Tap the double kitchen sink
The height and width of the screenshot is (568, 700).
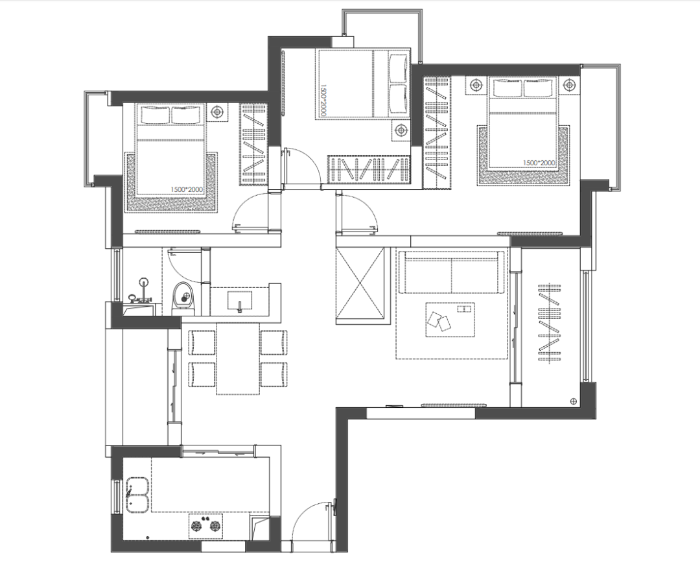coord(137,495)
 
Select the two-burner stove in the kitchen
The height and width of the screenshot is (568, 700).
coord(206,526)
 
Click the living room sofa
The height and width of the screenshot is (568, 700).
coord(451,272)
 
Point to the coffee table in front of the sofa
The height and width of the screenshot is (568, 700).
coord(450,320)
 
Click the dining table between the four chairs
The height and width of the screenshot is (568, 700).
coord(238,358)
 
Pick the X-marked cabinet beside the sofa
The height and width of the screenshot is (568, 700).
coord(360,284)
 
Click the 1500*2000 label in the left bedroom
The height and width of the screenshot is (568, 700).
coord(187,190)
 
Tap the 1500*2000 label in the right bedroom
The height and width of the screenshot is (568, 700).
coord(539,163)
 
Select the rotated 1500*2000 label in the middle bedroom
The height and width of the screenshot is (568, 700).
coord(323,101)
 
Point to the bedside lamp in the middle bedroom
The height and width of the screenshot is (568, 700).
coord(401,130)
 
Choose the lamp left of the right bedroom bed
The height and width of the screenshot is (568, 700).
coord(476,85)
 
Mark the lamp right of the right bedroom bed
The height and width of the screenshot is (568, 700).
coord(568,85)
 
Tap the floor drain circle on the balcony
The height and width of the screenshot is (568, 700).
coord(574,401)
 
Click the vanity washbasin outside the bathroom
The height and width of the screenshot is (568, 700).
coord(240,300)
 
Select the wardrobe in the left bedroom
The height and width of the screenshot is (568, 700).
coord(253,145)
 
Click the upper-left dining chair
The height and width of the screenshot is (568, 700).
coord(202,342)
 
